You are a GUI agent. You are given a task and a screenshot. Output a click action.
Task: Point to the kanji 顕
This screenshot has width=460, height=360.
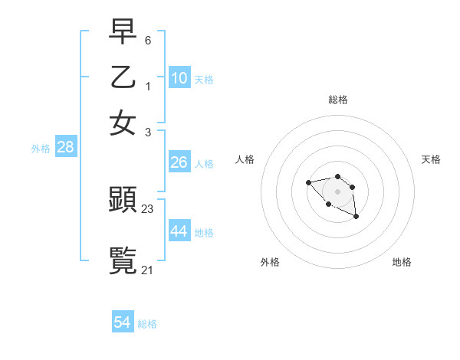pos(123,200)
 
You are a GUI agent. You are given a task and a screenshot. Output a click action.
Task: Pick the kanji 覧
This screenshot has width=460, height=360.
pos(123,260)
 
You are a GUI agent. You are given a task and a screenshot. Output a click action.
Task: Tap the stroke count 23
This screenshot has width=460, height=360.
pos(148,208)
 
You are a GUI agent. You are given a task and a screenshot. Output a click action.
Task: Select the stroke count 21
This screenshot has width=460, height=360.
pos(148,269)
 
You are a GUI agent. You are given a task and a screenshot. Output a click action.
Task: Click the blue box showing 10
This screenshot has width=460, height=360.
pos(179,78)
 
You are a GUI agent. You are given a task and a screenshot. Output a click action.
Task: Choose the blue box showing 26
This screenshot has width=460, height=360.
pos(179,162)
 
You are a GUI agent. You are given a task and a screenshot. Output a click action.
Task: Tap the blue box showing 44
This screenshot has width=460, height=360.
pos(179,231)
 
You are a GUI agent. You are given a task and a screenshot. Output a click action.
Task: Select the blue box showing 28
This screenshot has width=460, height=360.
pos(65,148)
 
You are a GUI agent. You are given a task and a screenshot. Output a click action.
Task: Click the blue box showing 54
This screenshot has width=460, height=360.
pos(123,323)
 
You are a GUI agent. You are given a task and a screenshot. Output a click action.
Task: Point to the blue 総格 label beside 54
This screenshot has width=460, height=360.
pos(147,324)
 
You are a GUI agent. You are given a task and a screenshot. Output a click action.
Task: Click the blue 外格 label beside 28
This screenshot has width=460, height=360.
pos(41,149)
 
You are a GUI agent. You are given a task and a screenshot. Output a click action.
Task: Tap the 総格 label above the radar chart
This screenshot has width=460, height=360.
pos(338,99)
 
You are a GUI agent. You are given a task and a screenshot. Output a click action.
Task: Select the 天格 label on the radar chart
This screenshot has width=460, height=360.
pos(432,159)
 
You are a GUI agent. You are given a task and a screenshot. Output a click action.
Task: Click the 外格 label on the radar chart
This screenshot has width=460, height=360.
pos(269,263)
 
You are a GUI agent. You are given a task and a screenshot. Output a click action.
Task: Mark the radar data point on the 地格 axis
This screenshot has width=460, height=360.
pos(356,218)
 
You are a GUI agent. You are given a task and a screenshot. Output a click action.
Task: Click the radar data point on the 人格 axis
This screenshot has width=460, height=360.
pos(308,182)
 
